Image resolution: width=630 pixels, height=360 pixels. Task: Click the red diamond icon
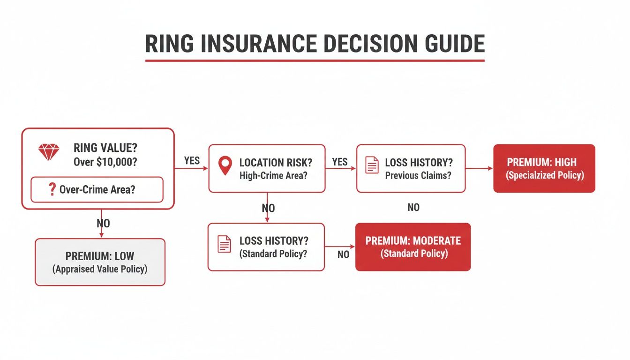click(49, 152)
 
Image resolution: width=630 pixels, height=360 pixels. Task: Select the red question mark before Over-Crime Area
click(52, 189)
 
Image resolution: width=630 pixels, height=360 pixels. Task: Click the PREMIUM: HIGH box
click(544, 168)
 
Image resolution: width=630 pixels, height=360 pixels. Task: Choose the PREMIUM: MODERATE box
click(412, 247)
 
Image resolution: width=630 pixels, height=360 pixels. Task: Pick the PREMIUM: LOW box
click(100, 262)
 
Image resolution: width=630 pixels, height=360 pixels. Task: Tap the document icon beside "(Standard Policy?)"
click(224, 244)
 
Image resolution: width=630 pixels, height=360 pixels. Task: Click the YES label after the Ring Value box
click(192, 160)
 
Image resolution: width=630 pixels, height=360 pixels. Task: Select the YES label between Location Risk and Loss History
click(340, 162)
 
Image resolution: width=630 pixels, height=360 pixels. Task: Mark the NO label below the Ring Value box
click(103, 224)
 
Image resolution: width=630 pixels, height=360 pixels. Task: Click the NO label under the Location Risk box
click(268, 208)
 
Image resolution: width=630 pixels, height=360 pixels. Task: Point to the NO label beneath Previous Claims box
click(413, 207)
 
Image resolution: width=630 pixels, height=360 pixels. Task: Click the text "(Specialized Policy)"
click(544, 176)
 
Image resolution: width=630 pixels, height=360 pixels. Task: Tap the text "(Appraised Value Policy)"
click(100, 270)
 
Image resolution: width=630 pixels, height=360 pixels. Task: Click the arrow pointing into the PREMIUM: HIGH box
click(487, 168)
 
